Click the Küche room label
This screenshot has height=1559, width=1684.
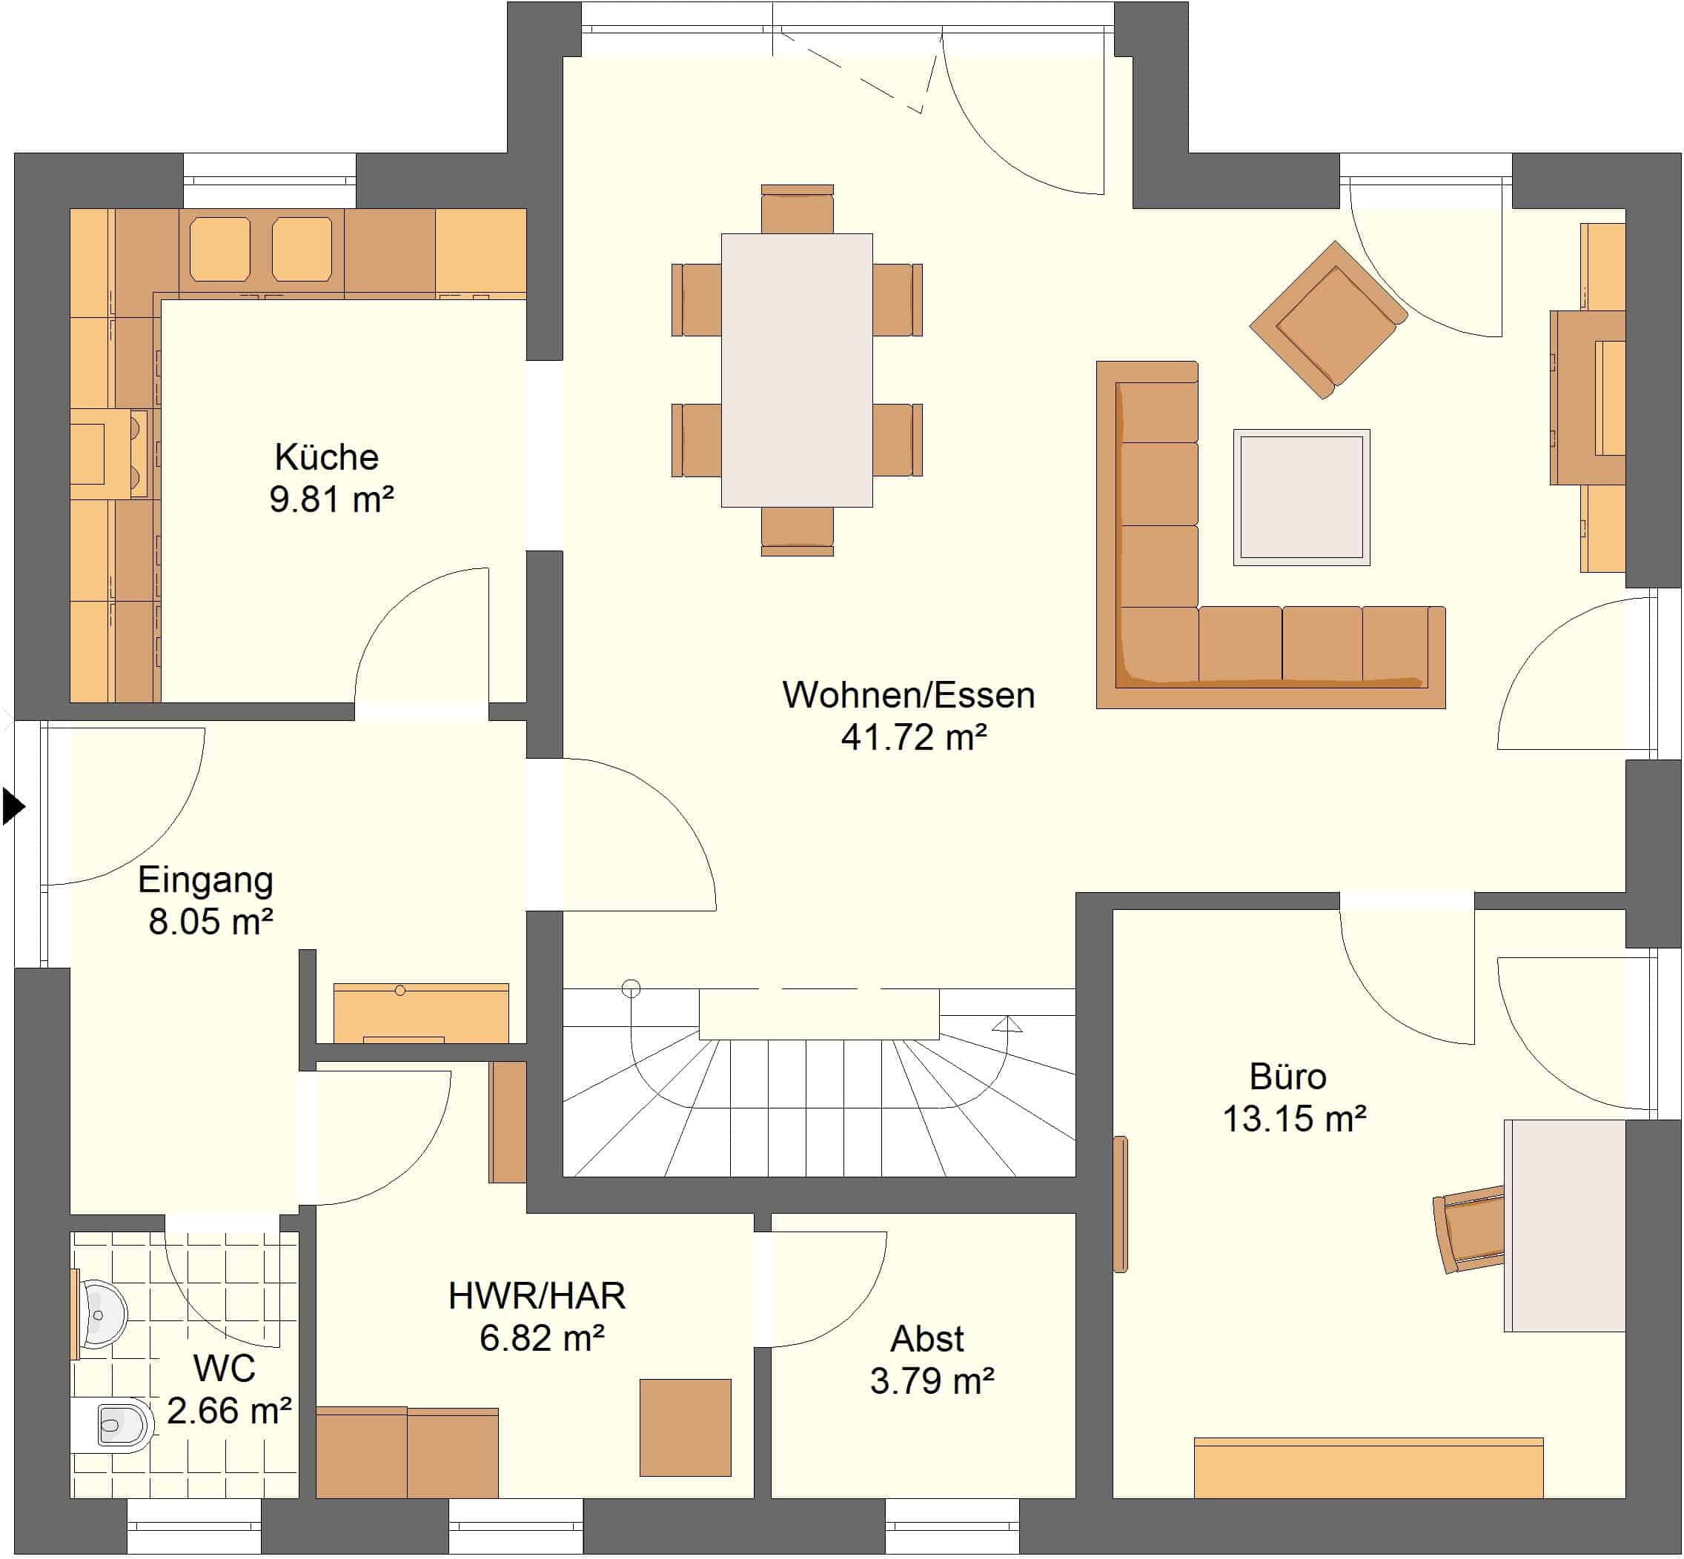(x=327, y=457)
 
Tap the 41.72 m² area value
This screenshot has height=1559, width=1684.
(x=914, y=737)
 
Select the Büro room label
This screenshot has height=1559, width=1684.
(x=1287, y=1077)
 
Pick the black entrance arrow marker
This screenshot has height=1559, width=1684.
(x=13, y=805)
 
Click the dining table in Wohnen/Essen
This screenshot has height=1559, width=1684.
(x=797, y=370)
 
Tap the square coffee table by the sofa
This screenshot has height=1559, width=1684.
(x=1301, y=497)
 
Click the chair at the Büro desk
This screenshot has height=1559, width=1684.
(x=1470, y=1229)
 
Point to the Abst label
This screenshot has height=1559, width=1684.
(x=927, y=1339)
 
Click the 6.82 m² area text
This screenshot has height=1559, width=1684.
(x=542, y=1338)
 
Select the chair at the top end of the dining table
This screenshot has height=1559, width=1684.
(x=798, y=209)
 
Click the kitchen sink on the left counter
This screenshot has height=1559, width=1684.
(x=109, y=455)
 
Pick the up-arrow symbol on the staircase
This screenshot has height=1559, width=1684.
(x=1007, y=1024)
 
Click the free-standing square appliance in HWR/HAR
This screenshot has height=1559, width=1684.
(x=685, y=1427)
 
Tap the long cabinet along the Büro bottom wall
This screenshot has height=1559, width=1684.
(x=1368, y=1467)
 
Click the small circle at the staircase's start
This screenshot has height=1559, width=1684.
(x=631, y=988)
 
